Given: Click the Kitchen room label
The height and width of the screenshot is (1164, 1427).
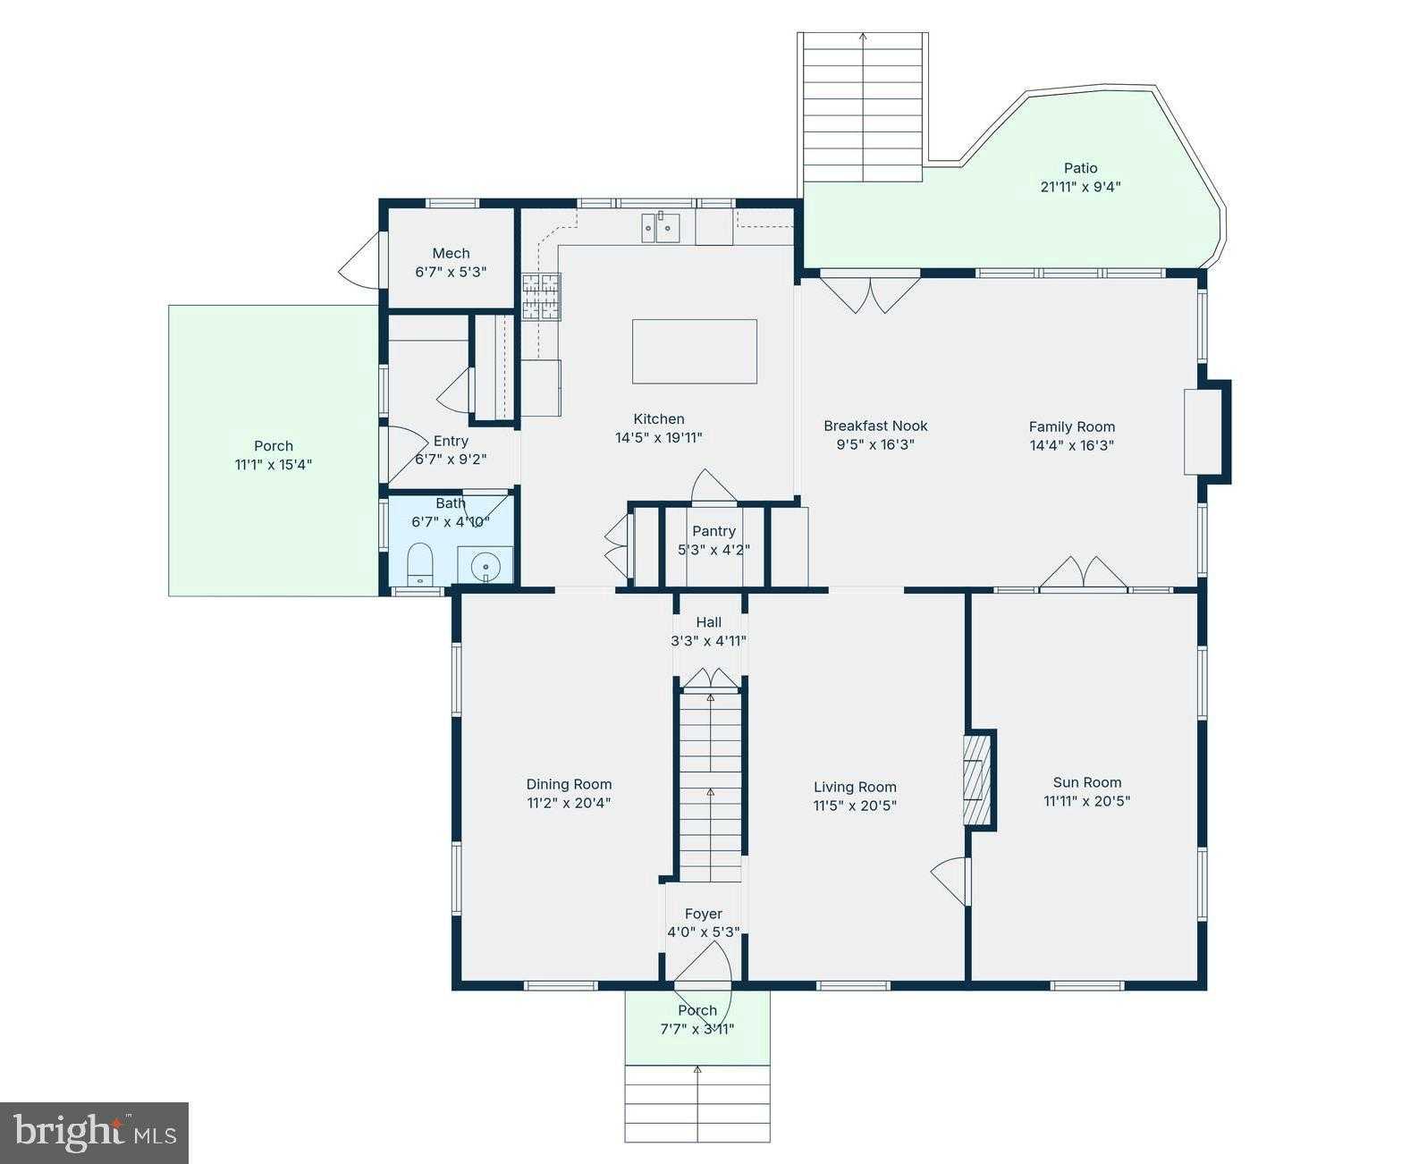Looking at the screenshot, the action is (658, 419).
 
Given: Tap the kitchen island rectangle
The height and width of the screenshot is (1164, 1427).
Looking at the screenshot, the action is (694, 351).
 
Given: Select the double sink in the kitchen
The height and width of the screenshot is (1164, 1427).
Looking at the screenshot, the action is (661, 227).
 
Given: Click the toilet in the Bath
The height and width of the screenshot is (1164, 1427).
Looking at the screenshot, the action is (419, 561).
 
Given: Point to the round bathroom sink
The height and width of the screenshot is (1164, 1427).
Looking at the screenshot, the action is (486, 565).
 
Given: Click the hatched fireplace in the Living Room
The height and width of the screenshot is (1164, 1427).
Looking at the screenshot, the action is (976, 780).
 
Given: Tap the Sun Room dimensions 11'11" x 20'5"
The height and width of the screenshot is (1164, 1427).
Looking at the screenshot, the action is (1086, 801).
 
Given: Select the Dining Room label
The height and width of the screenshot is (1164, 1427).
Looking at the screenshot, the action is (569, 784).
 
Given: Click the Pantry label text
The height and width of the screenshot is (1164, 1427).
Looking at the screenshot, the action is (713, 531).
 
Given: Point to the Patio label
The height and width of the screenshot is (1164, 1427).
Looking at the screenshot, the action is (1081, 168).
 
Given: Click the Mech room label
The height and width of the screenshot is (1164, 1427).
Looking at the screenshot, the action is (451, 253).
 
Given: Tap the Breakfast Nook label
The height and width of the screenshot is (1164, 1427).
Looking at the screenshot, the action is (875, 426).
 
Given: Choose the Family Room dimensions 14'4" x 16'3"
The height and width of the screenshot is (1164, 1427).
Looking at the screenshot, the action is (1072, 445).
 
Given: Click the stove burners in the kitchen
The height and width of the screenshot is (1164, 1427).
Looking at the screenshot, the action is (541, 296).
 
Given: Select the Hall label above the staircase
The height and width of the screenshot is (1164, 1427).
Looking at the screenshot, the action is (708, 622).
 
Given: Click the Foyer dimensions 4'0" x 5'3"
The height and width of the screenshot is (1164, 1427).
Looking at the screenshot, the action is (703, 932).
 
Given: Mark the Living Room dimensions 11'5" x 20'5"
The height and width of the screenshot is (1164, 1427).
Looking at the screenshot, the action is (855, 806).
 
